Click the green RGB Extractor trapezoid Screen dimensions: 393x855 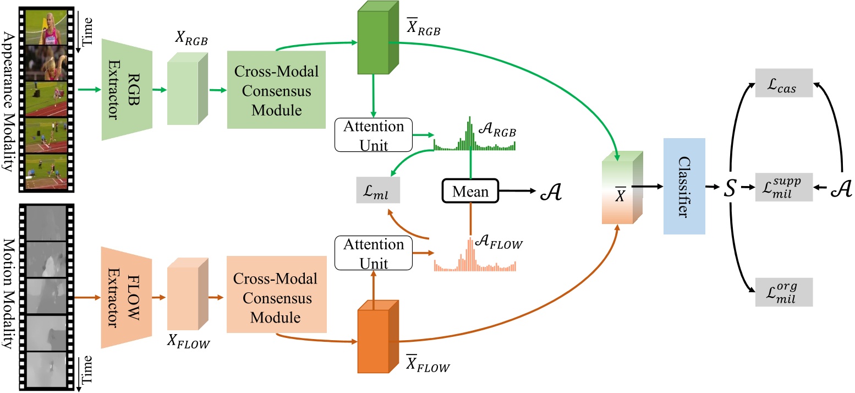point(127,85)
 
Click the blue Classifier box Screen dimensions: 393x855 point(684,186)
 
